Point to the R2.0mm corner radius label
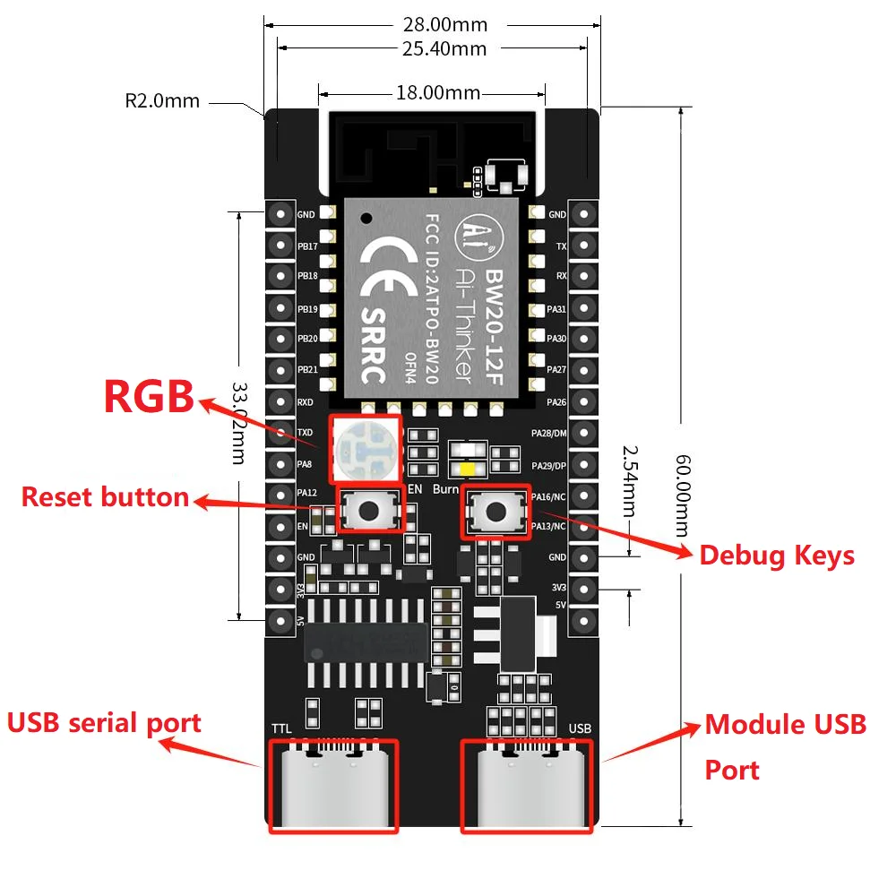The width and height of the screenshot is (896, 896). pos(162,100)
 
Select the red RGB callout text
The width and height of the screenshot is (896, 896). pos(149,397)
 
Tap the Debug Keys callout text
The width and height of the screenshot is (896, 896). pos(776,556)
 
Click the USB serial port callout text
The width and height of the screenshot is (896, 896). pos(104,722)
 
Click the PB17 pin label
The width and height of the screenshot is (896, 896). pos(307,246)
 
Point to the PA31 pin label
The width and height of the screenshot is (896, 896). pos(556,309)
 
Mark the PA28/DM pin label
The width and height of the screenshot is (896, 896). pos(548,434)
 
